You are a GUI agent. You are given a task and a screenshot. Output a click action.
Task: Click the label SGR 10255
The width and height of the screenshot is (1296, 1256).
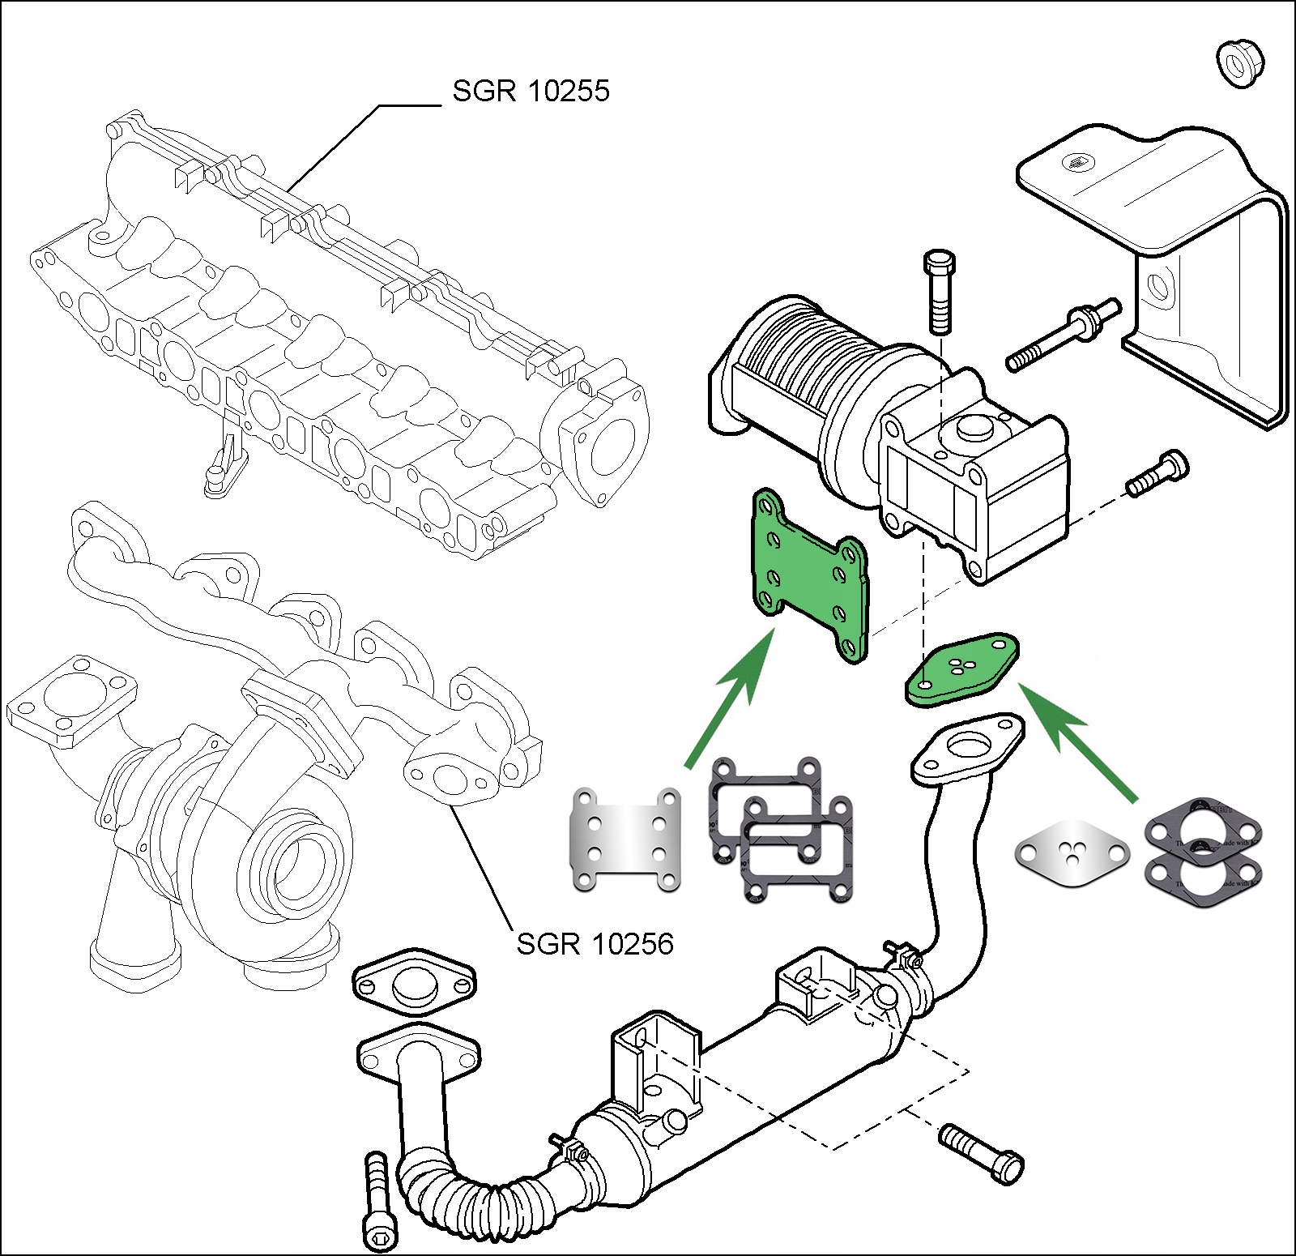click(x=531, y=91)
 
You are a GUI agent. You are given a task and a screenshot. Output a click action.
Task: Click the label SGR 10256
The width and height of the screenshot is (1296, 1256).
click(x=595, y=944)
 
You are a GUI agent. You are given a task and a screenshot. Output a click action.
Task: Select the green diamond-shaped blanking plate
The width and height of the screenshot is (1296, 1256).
click(x=961, y=669)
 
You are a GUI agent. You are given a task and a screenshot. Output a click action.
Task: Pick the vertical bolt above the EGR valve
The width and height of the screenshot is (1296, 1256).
click(x=939, y=292)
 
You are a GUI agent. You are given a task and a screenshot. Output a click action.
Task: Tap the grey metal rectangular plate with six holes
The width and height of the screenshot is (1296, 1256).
click(x=626, y=839)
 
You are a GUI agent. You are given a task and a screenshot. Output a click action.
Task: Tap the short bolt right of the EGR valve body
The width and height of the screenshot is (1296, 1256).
click(x=1157, y=474)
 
